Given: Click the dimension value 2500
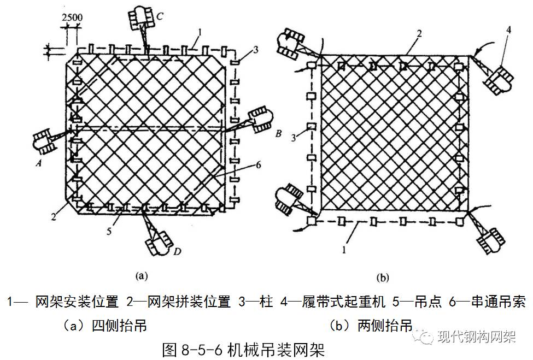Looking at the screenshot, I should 72,17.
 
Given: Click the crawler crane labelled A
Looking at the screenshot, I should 43,140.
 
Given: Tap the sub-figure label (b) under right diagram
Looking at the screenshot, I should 383,277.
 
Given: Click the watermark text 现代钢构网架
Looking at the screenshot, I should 476,337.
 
